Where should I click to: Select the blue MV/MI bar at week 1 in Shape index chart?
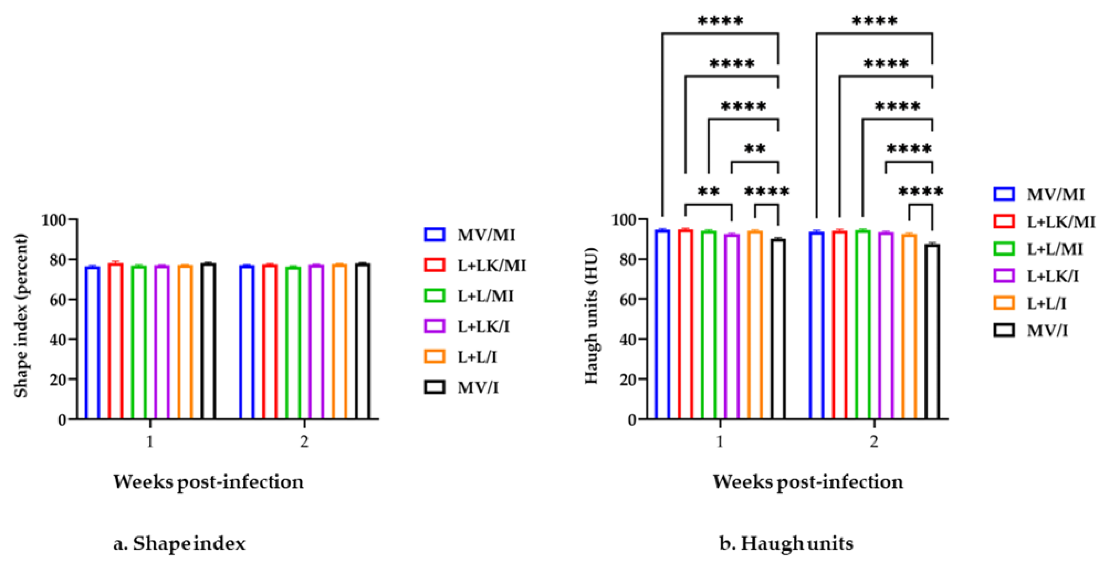92,342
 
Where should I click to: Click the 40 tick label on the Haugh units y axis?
628,339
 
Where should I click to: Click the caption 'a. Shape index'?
179,543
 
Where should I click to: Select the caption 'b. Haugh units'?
786,543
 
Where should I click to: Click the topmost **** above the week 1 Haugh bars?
720,21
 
